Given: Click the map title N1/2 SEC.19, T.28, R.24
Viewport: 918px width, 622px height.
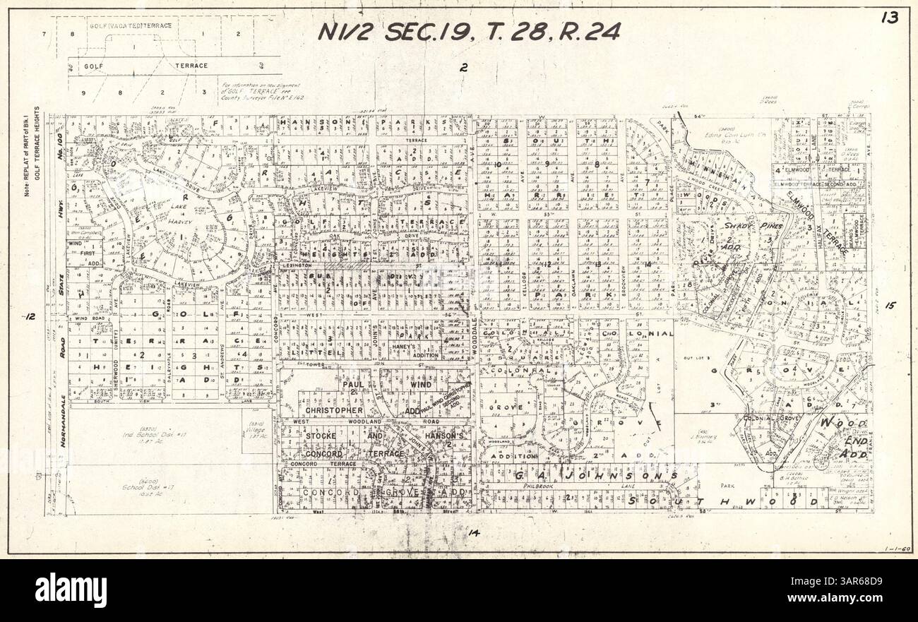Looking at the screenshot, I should (x=468, y=32).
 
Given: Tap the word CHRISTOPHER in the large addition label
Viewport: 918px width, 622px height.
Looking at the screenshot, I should (x=334, y=410).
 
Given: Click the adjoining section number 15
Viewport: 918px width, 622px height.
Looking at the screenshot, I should (x=889, y=306).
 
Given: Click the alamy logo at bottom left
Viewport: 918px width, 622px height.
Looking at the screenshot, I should (x=71, y=590).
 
